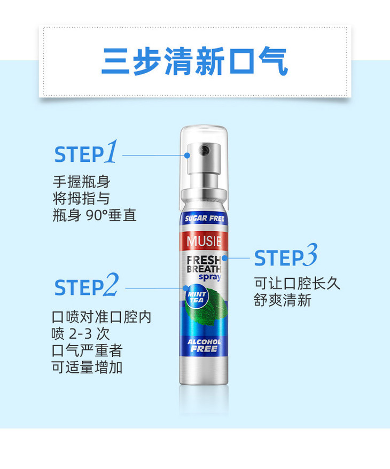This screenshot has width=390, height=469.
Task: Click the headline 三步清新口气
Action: pyautogui.click(x=194, y=61)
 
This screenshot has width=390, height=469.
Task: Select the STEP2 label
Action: pyautogui.click(x=87, y=285)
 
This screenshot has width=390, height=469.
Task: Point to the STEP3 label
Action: pyautogui.click(x=286, y=255)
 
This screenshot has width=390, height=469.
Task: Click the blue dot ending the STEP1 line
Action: pyautogui.click(x=187, y=155)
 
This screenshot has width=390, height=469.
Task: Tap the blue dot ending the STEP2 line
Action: pyautogui.click(x=186, y=288)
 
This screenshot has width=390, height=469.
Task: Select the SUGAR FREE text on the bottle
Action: pyautogui.click(x=205, y=218)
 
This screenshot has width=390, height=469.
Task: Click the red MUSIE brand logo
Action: pyautogui.click(x=204, y=241)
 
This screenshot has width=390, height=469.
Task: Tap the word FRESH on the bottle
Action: pyautogui.click(x=204, y=260)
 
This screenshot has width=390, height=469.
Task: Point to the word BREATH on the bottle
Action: pyautogui.click(x=204, y=269)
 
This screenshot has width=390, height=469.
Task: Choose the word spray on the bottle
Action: pyautogui.click(x=210, y=277)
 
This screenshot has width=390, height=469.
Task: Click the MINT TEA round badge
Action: pyautogui.click(x=197, y=298)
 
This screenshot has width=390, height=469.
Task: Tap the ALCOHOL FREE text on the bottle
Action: pyautogui.click(x=204, y=346)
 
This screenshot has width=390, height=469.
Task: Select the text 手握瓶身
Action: pyautogui.click(x=82, y=182)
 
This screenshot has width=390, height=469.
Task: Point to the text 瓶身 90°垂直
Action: pyautogui.click(x=95, y=215)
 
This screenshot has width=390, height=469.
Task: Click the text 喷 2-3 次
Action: pyautogui.click(x=81, y=334)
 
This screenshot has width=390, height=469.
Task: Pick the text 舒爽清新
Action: pyautogui.click(x=283, y=300)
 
